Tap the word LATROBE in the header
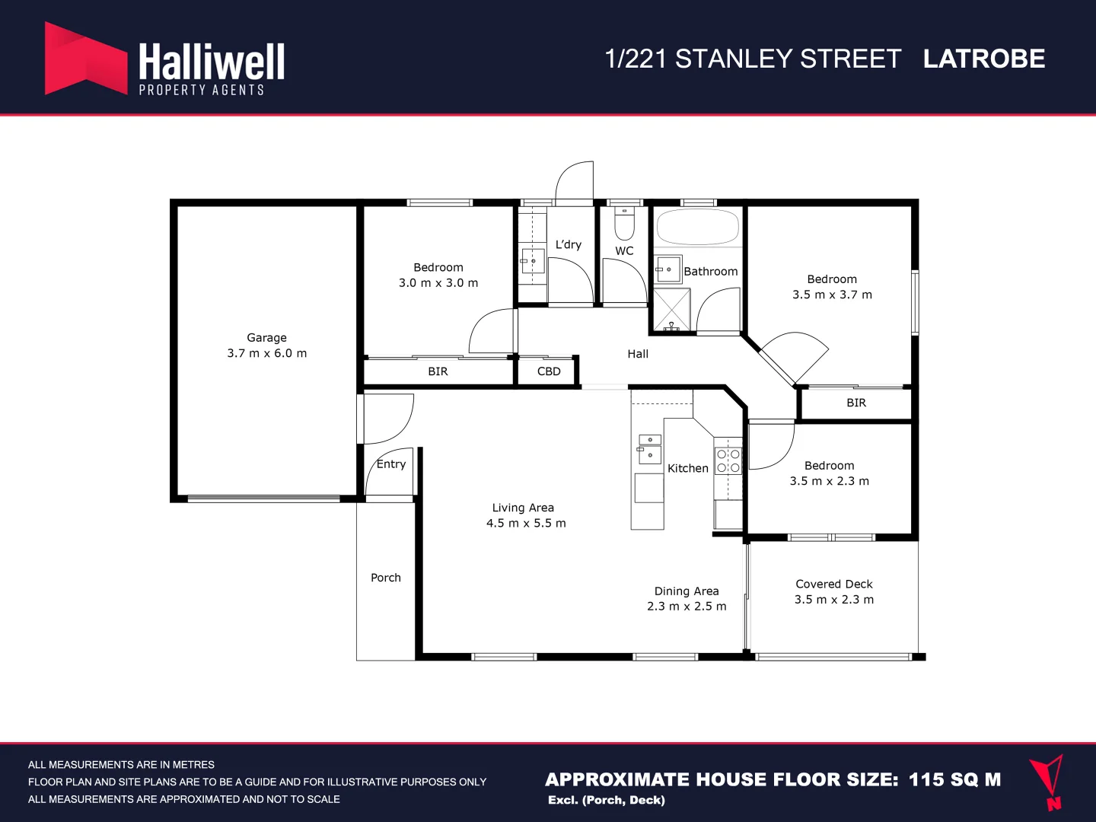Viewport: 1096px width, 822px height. point(983,59)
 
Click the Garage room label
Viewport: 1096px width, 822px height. point(266,337)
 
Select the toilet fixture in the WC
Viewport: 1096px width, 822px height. point(624,223)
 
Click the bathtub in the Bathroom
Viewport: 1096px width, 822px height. point(697,227)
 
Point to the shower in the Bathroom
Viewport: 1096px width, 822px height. point(671,310)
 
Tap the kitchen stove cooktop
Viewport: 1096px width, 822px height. point(728,461)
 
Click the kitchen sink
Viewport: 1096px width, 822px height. point(649,449)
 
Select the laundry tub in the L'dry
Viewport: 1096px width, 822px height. point(533,261)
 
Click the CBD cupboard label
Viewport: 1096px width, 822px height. point(548,371)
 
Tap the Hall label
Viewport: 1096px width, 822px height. point(638,354)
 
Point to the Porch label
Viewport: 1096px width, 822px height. point(386,578)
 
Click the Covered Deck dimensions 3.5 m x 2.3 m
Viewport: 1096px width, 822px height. point(834,600)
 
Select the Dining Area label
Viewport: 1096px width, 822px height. point(687,591)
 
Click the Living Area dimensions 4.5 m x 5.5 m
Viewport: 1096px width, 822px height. point(526,524)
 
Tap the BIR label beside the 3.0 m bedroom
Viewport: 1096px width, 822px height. point(438,371)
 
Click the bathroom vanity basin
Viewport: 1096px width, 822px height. point(668,269)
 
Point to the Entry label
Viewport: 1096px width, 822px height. point(391,464)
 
